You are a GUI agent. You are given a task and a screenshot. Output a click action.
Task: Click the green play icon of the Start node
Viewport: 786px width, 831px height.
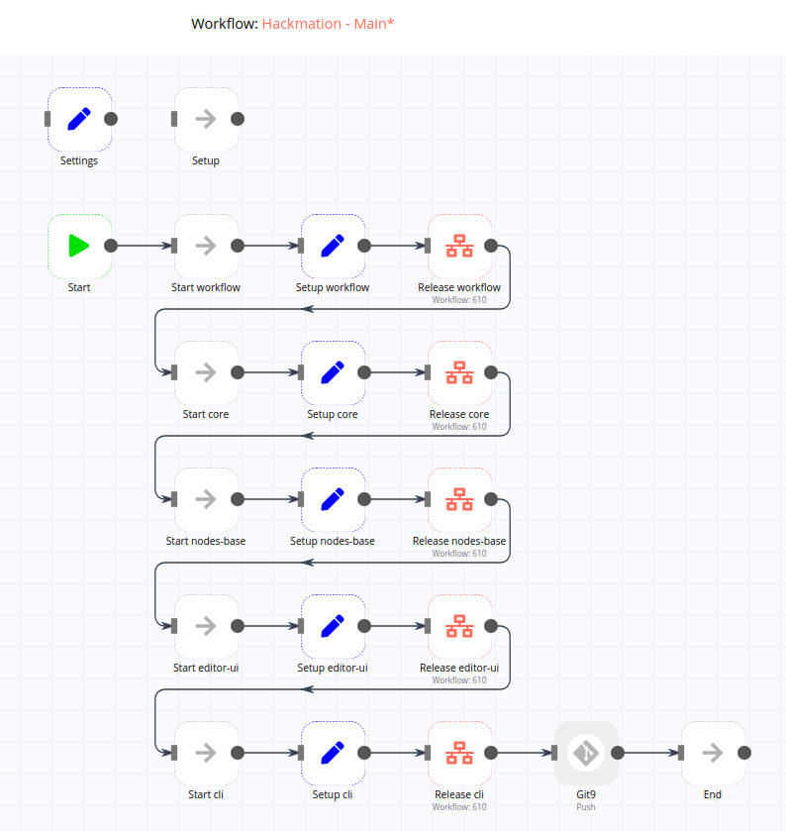pyautogui.click(x=79, y=246)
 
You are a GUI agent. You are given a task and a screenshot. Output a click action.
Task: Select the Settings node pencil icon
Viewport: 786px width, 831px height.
pyautogui.click(x=79, y=119)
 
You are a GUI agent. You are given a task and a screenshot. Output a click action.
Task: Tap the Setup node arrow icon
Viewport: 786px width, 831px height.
pyautogui.click(x=206, y=119)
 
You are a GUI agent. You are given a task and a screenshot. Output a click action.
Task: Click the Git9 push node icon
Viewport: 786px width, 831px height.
pyautogui.click(x=586, y=753)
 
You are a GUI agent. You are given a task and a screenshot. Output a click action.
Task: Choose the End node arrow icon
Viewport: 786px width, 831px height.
pyautogui.click(x=713, y=753)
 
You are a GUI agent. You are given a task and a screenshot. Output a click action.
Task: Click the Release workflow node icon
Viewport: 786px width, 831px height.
pyautogui.click(x=459, y=246)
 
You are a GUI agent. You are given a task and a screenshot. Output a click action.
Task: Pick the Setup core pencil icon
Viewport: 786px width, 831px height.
pyautogui.click(x=333, y=372)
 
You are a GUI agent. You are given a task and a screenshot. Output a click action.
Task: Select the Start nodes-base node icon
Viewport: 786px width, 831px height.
pyautogui.click(x=206, y=499)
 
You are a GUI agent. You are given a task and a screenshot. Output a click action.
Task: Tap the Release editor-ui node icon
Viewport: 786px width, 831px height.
pyautogui.click(x=459, y=626)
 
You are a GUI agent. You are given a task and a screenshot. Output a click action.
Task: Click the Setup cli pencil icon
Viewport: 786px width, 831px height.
pyautogui.click(x=333, y=753)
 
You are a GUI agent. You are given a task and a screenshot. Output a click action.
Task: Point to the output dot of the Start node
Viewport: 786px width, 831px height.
pyautogui.click(x=111, y=246)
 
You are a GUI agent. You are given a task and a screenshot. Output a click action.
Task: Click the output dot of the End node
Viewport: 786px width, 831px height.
pyautogui.click(x=744, y=753)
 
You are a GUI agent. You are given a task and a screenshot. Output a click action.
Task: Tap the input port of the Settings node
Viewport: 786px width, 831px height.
pyautogui.click(x=48, y=119)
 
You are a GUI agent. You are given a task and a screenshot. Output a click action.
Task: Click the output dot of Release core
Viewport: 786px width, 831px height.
pyautogui.click(x=491, y=372)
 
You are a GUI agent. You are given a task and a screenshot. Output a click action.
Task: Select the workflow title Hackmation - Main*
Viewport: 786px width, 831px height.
pyautogui.click(x=328, y=23)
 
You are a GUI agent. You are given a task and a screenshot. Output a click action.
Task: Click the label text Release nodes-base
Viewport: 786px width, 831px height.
pyautogui.click(x=459, y=541)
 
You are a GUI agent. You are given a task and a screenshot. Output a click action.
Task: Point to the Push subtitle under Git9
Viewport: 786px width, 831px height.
pyautogui.click(x=586, y=807)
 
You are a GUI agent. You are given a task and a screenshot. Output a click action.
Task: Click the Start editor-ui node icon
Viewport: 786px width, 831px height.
pyautogui.click(x=206, y=626)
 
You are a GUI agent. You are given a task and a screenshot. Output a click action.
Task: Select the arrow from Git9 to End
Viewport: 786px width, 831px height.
pyautogui.click(x=649, y=753)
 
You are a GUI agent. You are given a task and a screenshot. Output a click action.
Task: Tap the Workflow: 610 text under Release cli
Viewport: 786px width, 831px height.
pyautogui.click(x=459, y=807)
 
